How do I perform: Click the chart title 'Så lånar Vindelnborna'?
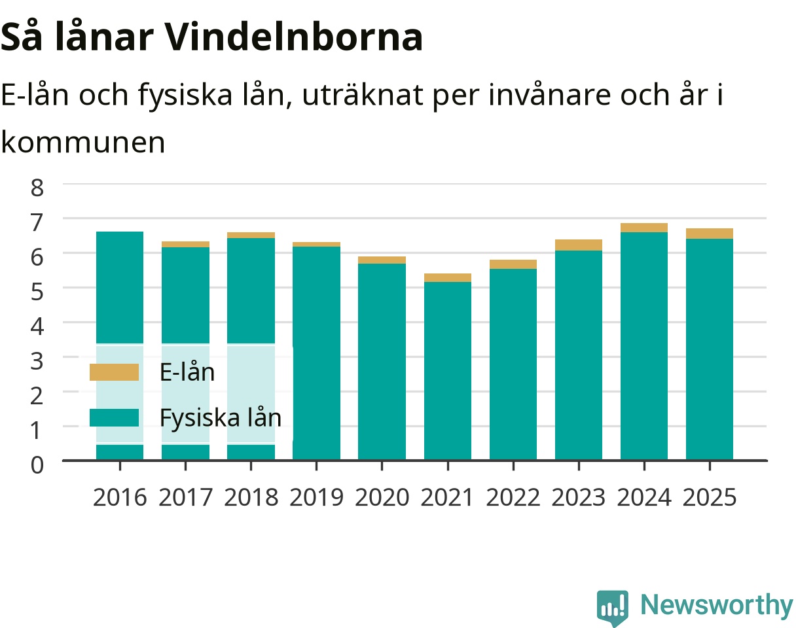pyautogui.click(x=211, y=37)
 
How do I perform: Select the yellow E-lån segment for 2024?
pyautogui.click(x=644, y=228)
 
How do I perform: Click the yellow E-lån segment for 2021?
pyautogui.click(x=448, y=277)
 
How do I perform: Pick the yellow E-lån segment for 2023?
pyautogui.click(x=579, y=245)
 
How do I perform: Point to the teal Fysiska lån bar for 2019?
pyautogui.click(x=316, y=353)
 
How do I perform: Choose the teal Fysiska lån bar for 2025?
pyautogui.click(x=710, y=349)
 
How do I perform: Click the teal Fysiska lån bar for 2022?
pyautogui.click(x=513, y=364)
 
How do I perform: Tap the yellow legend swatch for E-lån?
pyautogui.click(x=115, y=372)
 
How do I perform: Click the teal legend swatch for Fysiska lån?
pyautogui.click(x=115, y=417)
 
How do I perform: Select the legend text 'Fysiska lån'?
pyautogui.click(x=221, y=418)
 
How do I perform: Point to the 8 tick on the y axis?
pyautogui.click(x=37, y=188)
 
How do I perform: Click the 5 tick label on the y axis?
pyautogui.click(x=37, y=292)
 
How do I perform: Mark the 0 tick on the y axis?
pyautogui.click(x=37, y=465)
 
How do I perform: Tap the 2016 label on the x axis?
pyautogui.click(x=120, y=498)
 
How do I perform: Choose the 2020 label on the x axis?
pyautogui.click(x=382, y=498)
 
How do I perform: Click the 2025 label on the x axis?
pyautogui.click(x=710, y=498)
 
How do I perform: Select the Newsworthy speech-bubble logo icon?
pyautogui.click(x=613, y=607)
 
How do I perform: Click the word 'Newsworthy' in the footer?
pyautogui.click(x=717, y=605)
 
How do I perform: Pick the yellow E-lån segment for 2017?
pyautogui.click(x=185, y=244)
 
